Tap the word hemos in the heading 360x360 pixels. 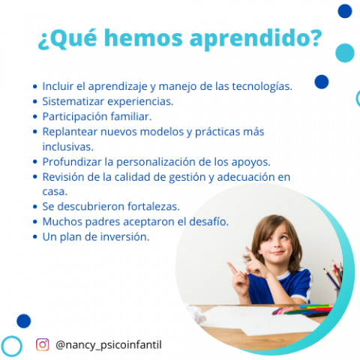pos(143,37)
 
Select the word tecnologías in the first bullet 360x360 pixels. pos(262,86)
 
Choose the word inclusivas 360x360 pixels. pos(67,147)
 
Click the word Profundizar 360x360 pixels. pos(72,162)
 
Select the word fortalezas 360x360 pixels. pos(154,206)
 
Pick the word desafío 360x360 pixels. pos(208,221)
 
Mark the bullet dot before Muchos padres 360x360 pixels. pos(35,222)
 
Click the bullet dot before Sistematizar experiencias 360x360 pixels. pos(35,102)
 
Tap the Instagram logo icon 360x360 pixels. pos(43,344)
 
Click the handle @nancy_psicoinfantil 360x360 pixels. pos(109,345)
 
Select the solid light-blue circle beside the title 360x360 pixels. pos(345,52)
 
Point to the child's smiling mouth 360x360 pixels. pos(278,253)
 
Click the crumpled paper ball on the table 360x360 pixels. pos(196,312)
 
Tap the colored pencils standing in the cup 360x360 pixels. pos(334,275)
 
